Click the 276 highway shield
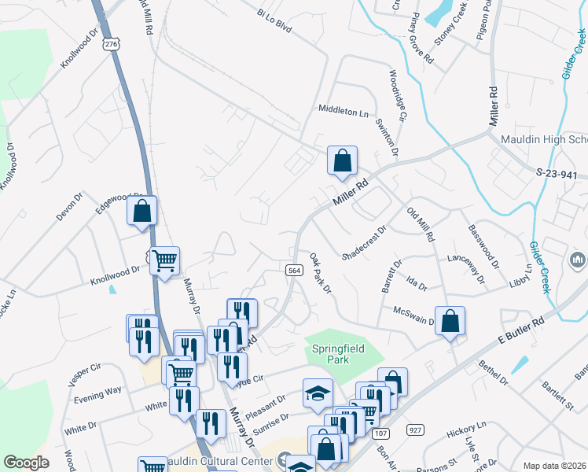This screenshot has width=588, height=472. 111,46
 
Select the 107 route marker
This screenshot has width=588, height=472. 381,433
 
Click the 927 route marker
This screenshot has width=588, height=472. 415,430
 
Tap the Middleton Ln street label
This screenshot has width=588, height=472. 343,112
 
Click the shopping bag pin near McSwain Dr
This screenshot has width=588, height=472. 449,321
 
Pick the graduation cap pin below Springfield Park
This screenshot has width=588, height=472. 318,393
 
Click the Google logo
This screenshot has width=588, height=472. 26,463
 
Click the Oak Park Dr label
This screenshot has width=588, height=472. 321,273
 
